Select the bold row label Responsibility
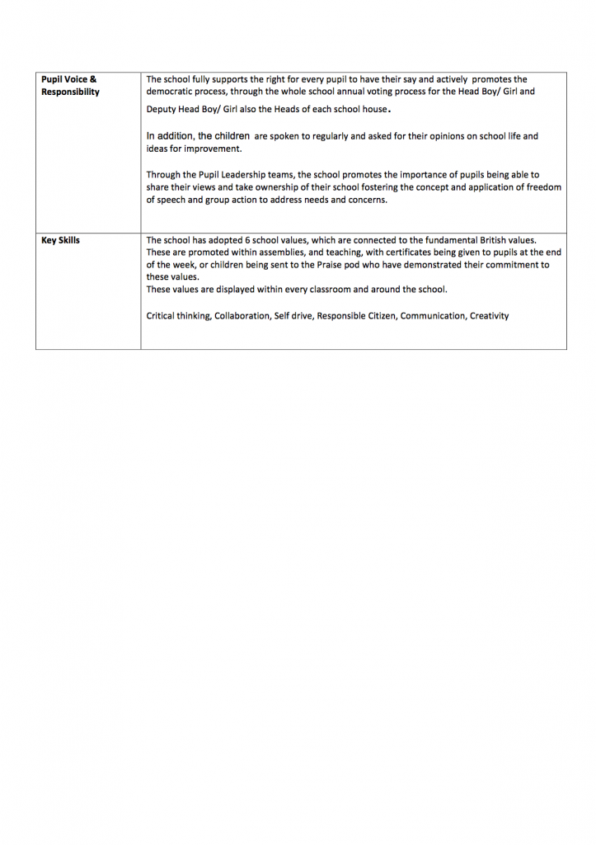click(x=70, y=92)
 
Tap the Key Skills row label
click(x=60, y=241)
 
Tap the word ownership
click(x=257, y=187)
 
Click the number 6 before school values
click(x=247, y=241)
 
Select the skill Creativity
click(x=490, y=316)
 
